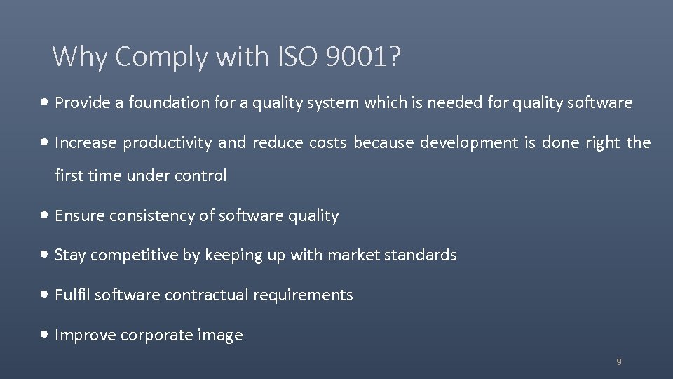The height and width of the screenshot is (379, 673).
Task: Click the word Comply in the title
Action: tap(162, 57)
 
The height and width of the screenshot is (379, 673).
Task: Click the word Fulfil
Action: tap(72, 295)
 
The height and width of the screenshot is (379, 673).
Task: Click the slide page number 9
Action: tap(618, 362)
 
